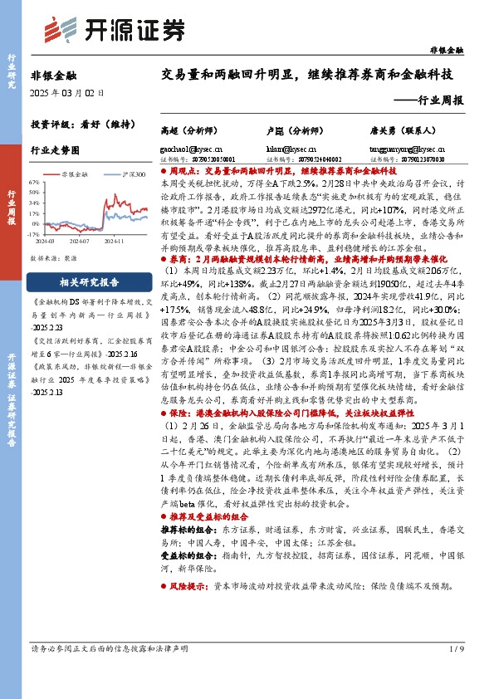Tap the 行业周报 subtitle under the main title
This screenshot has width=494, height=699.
[437, 100]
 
